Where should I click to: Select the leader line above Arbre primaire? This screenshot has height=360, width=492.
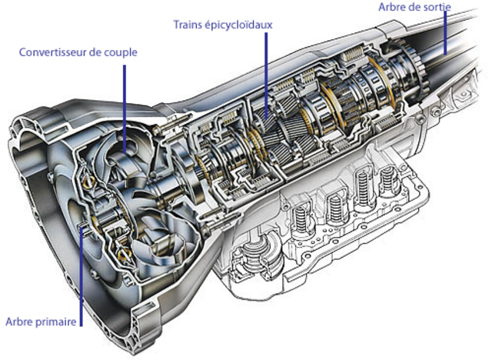tap(81, 269)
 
